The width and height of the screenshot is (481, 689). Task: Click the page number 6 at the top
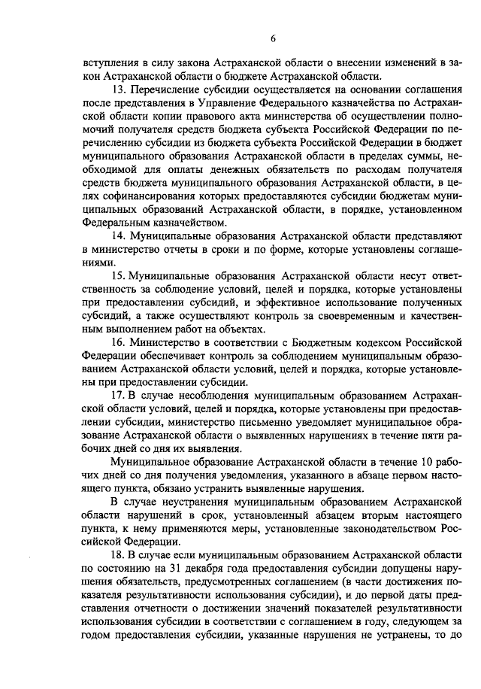(274, 38)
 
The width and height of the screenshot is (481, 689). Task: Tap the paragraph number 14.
(117, 235)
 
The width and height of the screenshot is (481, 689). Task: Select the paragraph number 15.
(117, 276)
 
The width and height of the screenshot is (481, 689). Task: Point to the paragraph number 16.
(117, 342)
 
